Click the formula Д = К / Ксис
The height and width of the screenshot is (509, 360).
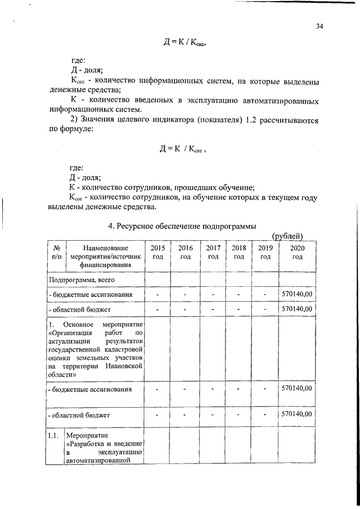pyautogui.click(x=181, y=42)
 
